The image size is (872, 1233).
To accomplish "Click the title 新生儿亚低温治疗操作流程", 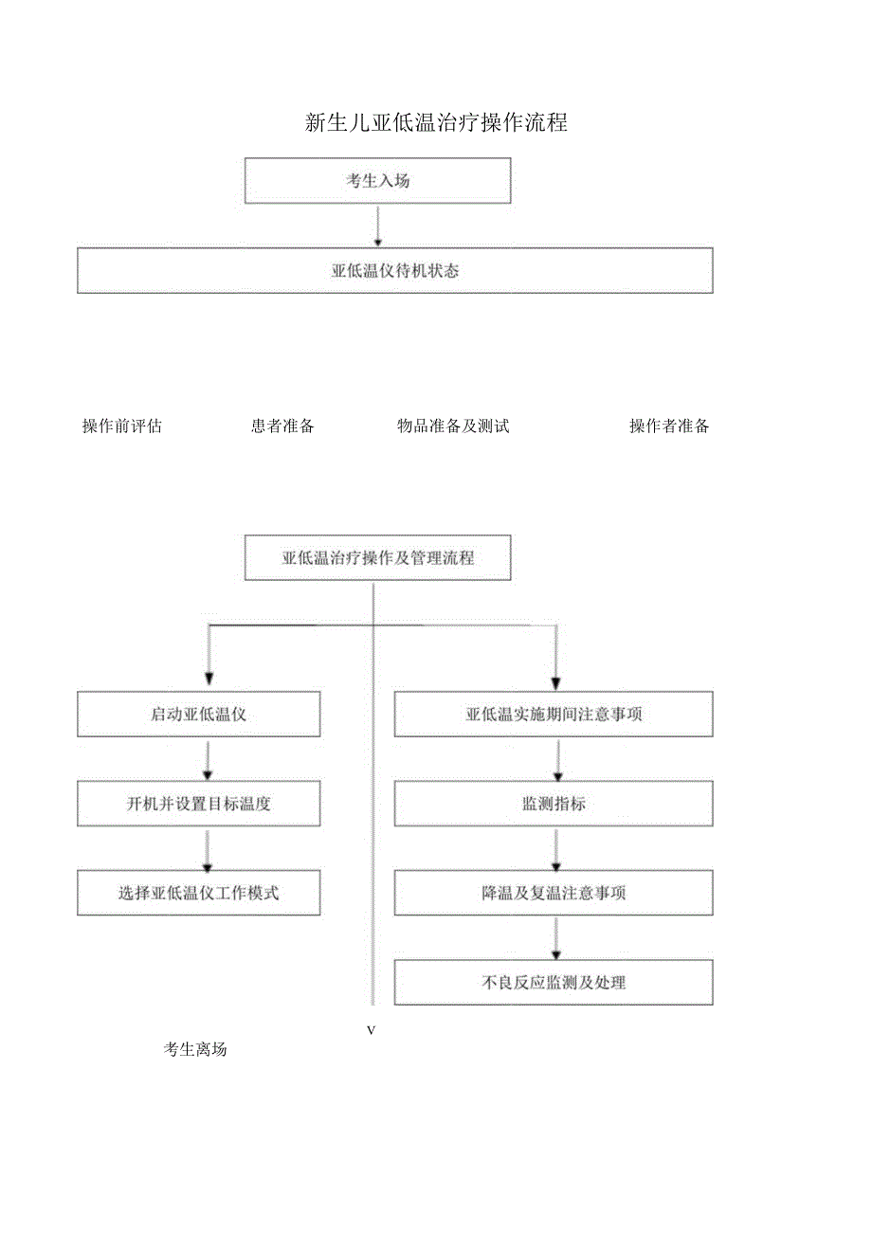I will pos(436,122).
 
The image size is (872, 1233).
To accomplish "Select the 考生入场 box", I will pos(377,181).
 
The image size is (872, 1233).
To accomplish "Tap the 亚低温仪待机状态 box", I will pos(394,271).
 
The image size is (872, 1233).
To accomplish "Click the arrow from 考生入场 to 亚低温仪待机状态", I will pos(377,226).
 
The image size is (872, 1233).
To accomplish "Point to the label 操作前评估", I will pos(122,426).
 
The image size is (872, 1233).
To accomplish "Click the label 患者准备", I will pos(282,426).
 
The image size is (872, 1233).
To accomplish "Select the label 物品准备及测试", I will pos(453,426).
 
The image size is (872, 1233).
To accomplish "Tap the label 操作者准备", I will pos(669,426).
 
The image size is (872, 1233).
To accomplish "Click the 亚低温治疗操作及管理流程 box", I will pos(377,558).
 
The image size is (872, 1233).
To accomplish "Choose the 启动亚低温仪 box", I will pos(198,715).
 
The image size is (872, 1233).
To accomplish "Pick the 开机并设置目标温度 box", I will pos(198,804).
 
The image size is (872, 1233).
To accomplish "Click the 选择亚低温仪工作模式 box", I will pos(198,893).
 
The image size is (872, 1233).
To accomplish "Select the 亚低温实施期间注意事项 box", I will pos(554,715).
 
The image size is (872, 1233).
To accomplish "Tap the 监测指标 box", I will pos(554,804).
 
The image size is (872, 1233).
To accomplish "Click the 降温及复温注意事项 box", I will pos(554,893).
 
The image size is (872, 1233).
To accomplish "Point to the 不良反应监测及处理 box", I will pos(554,983).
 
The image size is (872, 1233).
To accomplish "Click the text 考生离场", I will pos(195,1050).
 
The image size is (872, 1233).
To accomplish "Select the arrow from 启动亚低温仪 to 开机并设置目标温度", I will pos(208,759).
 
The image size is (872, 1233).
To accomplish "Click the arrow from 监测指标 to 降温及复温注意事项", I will pos(556,848).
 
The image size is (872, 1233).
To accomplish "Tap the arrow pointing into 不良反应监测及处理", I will pos(556,938).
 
